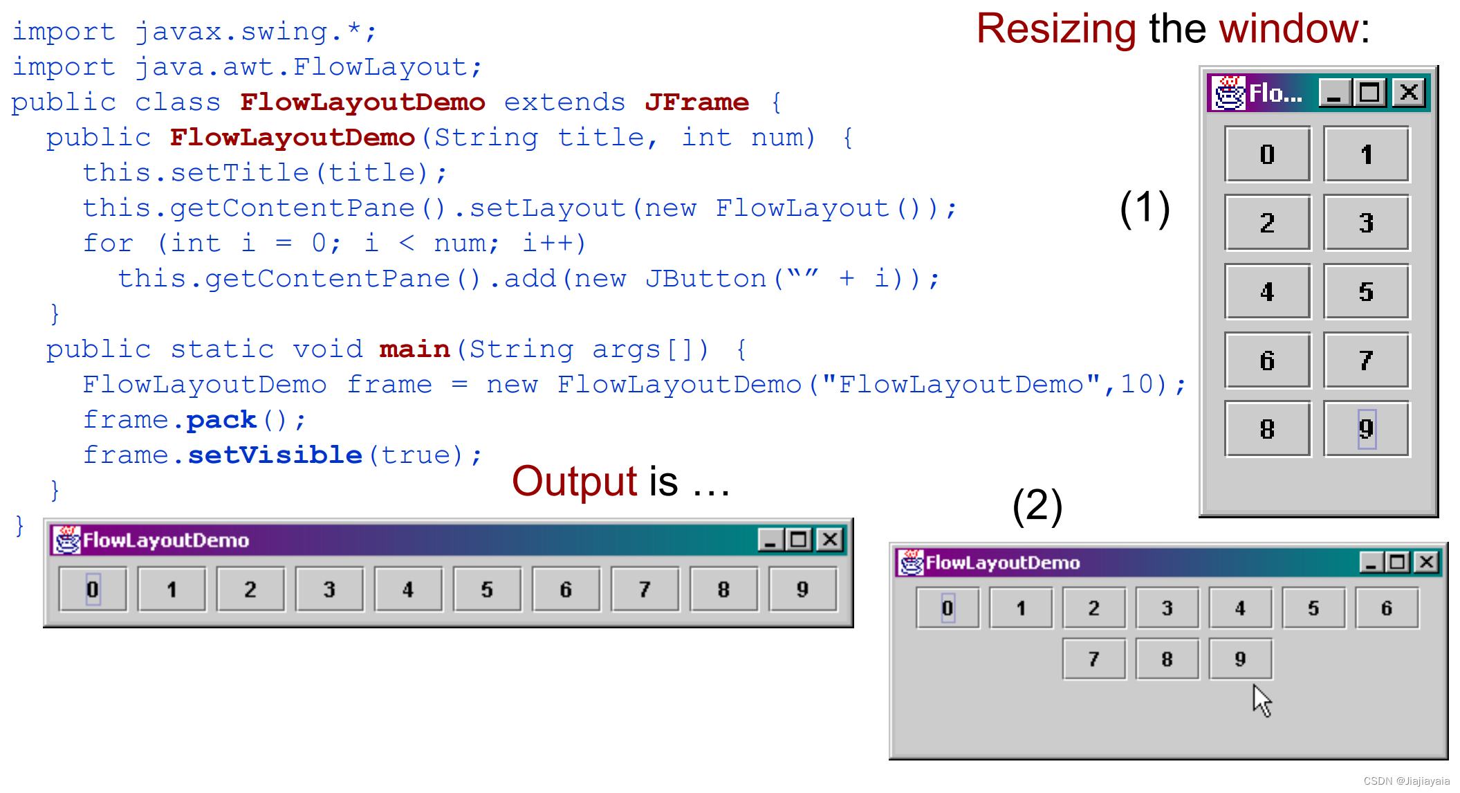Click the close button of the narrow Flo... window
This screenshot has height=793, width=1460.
click(x=1409, y=93)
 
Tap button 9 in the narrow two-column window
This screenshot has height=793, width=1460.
click(x=1366, y=429)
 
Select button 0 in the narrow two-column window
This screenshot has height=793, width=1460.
click(x=1267, y=154)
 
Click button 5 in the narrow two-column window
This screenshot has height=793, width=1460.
click(x=1366, y=291)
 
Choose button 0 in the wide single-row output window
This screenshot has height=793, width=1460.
click(x=93, y=590)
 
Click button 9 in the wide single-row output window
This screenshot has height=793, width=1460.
click(x=802, y=590)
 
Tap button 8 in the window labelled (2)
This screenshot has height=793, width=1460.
click(x=1167, y=659)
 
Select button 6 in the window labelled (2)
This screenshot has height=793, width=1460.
click(x=1387, y=608)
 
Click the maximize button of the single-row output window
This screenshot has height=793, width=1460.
click(x=799, y=540)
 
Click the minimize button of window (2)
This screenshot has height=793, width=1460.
click(x=1370, y=563)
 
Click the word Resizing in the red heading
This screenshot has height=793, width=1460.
click(x=1055, y=29)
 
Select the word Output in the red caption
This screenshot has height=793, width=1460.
click(x=574, y=482)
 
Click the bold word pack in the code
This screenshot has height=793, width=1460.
click(x=221, y=420)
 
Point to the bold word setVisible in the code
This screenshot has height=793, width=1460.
click(x=275, y=455)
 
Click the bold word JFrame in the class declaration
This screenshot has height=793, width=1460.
click(x=696, y=102)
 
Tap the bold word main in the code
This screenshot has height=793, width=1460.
click(x=414, y=349)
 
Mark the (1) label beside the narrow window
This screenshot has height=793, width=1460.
click(x=1145, y=208)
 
